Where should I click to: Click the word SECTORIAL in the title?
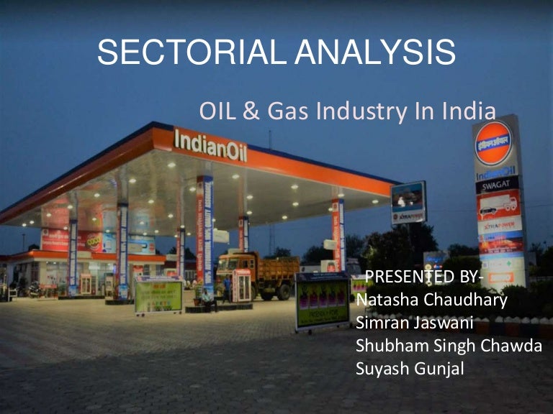[x=185, y=55]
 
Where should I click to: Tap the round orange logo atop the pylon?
[x=494, y=143]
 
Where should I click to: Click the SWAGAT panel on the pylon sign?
[x=497, y=185]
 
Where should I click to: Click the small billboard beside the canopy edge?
[x=408, y=203]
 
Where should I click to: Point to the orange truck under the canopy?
[x=256, y=273]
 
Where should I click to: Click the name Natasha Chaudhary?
[x=431, y=299]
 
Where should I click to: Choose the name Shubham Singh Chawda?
[x=448, y=345]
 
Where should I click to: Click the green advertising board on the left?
[x=158, y=295]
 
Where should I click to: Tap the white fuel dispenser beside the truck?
[x=241, y=285]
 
